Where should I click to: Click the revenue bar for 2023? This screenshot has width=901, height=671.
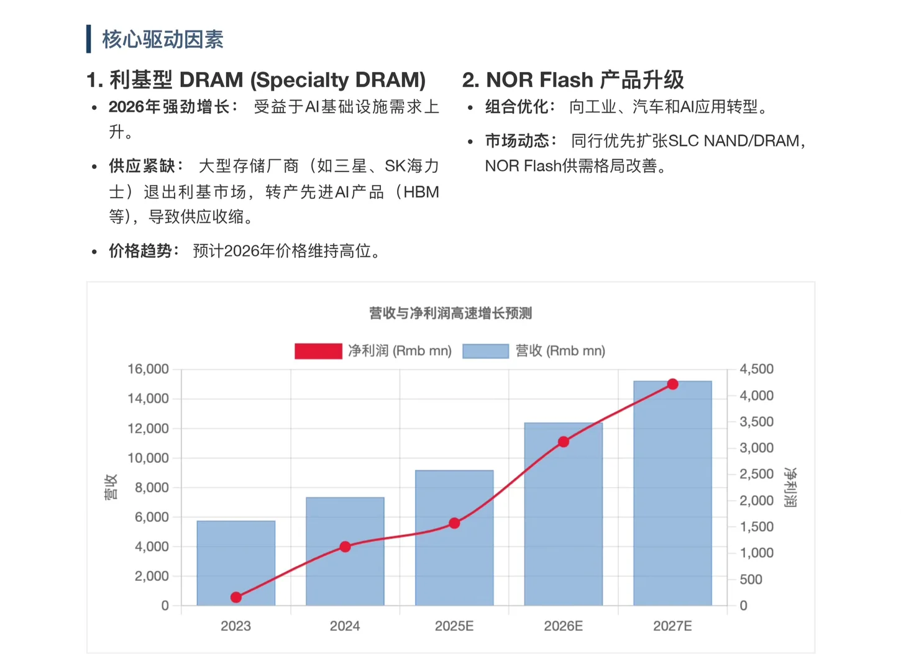coord(236,562)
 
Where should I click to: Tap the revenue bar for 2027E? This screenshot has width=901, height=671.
coord(672,497)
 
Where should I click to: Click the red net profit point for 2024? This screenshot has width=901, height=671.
coord(345,547)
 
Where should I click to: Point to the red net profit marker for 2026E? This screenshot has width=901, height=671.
coord(564,442)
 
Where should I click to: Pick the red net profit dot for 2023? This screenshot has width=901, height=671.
coord(236,597)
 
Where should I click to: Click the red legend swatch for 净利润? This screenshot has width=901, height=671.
coord(318,351)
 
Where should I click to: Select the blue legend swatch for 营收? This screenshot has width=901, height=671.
coord(486,351)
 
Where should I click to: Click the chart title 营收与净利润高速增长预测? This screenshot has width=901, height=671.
coord(451,313)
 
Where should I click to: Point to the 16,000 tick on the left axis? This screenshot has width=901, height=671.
coord(148,369)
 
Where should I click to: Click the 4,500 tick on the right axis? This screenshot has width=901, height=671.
coord(756,369)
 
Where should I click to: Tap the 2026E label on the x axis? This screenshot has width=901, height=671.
coord(563,626)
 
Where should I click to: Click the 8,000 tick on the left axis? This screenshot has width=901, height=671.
coord(152,488)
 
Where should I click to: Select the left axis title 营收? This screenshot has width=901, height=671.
coord(111,487)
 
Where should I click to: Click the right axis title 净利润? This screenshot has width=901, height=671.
coord(790,487)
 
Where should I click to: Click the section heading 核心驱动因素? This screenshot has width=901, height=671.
coord(163,39)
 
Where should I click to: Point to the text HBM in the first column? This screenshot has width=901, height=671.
coord(421,192)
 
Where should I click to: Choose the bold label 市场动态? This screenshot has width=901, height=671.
coord(518,141)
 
